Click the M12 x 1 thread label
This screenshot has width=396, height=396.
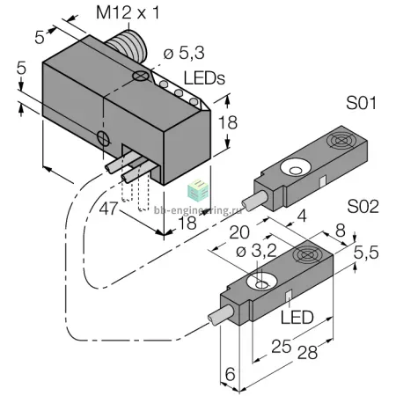[128, 13]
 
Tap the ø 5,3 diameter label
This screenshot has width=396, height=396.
[184, 53]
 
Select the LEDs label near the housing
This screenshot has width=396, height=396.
[204, 78]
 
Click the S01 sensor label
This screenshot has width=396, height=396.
[361, 103]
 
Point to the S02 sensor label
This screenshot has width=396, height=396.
[363, 207]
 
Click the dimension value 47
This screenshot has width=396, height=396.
[108, 209]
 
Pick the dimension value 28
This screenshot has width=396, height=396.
[307, 352]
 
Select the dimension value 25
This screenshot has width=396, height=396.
[282, 347]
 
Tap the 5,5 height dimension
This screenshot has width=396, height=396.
[366, 253]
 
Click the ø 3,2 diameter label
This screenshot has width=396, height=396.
[256, 251]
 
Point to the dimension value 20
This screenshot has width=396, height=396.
[239, 232]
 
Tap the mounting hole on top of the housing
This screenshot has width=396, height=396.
[141, 76]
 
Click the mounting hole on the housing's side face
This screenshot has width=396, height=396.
[103, 138]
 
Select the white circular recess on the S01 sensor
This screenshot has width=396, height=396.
[296, 168]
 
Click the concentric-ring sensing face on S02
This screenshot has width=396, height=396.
[307, 254]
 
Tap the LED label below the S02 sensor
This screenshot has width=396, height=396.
[297, 317]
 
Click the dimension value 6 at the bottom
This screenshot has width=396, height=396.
[230, 374]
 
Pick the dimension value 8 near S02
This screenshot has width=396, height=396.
[341, 231]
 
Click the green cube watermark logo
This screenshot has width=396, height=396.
[198, 190]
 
